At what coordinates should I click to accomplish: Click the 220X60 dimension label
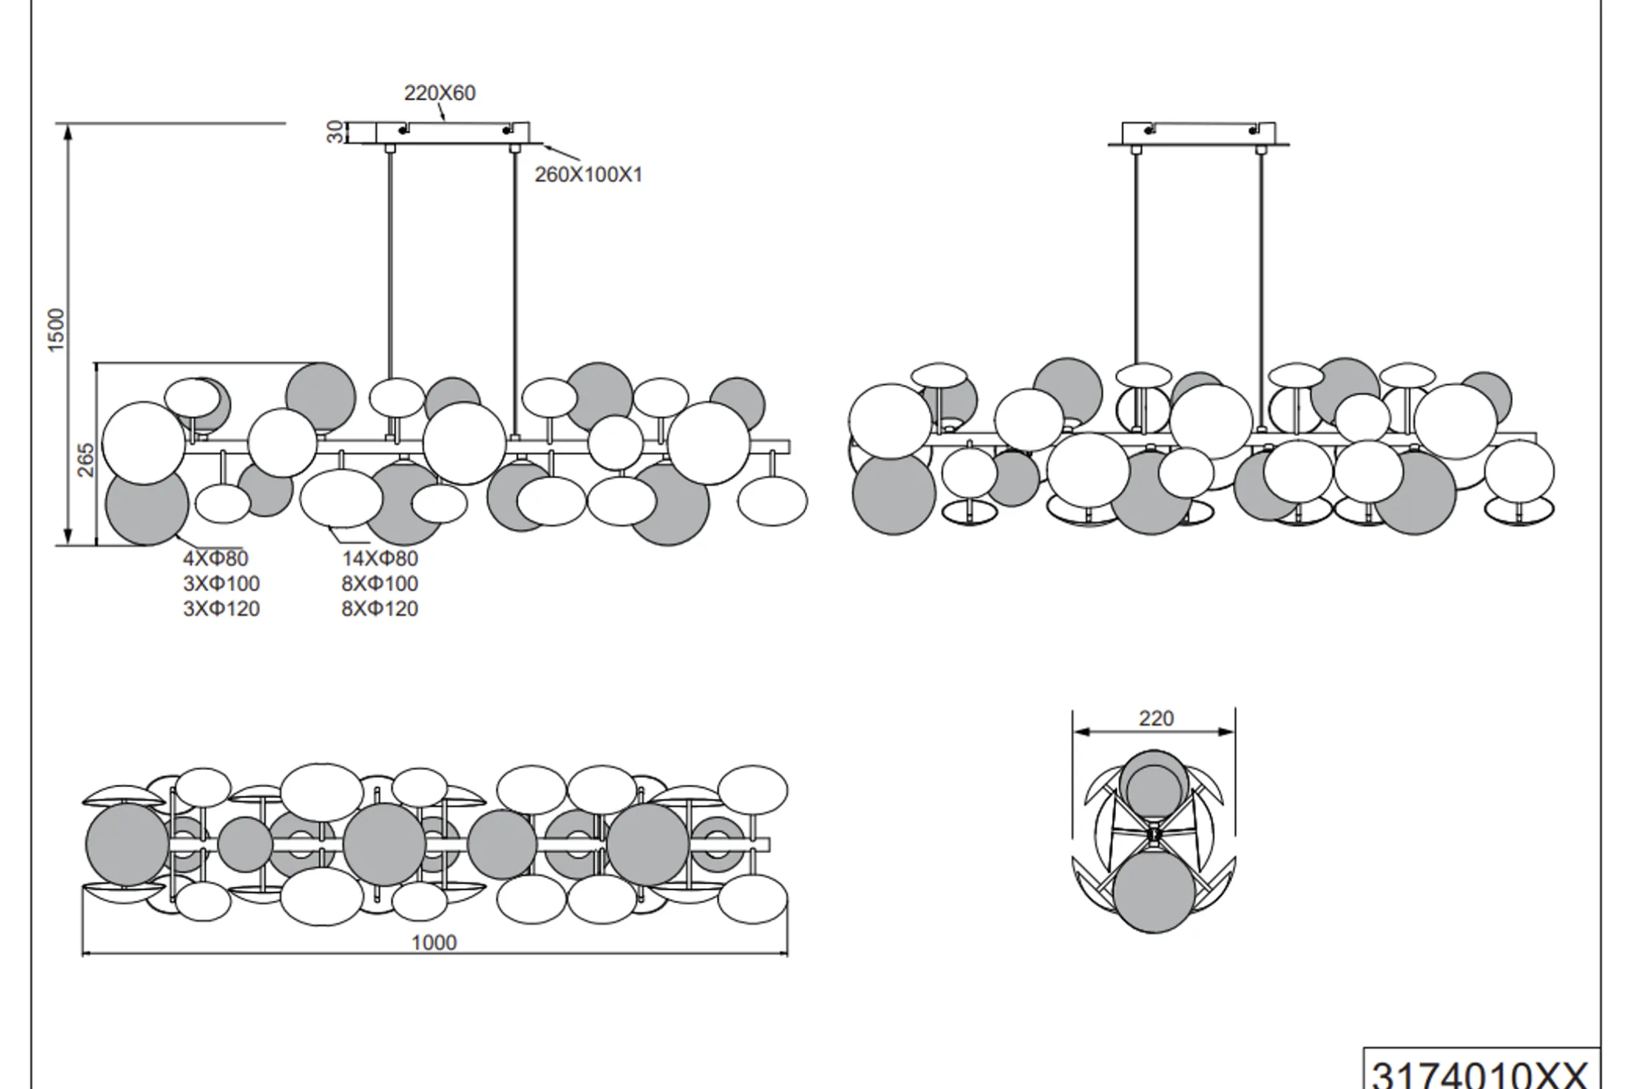click(440, 93)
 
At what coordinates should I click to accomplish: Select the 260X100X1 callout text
click(588, 175)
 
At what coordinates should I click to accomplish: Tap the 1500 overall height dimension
click(56, 330)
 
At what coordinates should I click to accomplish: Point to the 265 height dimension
click(86, 459)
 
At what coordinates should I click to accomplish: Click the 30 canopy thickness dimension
click(335, 132)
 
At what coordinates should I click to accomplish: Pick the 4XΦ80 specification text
click(215, 558)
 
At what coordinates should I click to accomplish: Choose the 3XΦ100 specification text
click(221, 583)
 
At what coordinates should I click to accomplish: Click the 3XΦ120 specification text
click(221, 609)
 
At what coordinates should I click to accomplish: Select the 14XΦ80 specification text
click(379, 558)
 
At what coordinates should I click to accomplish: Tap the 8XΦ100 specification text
click(379, 583)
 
